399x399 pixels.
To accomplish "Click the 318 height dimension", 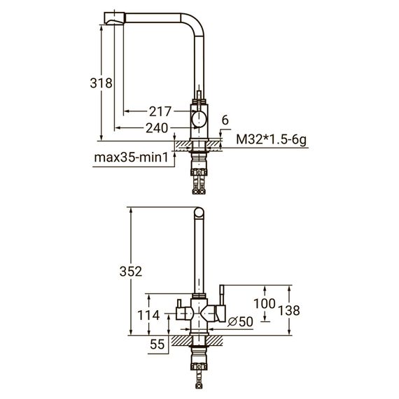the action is (101, 83).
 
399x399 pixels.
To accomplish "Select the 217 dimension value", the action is (160, 111).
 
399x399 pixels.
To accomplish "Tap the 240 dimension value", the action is (157, 127).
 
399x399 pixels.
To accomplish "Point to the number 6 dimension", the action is (225, 120).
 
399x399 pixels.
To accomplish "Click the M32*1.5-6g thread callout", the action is (272, 140).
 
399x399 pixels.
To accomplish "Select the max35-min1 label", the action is (132, 157).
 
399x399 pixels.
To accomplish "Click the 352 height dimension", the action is (131, 272).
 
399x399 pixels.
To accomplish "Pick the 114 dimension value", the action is (148, 315).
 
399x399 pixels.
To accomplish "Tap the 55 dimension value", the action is (157, 344).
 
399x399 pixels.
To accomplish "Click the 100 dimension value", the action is (265, 304).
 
